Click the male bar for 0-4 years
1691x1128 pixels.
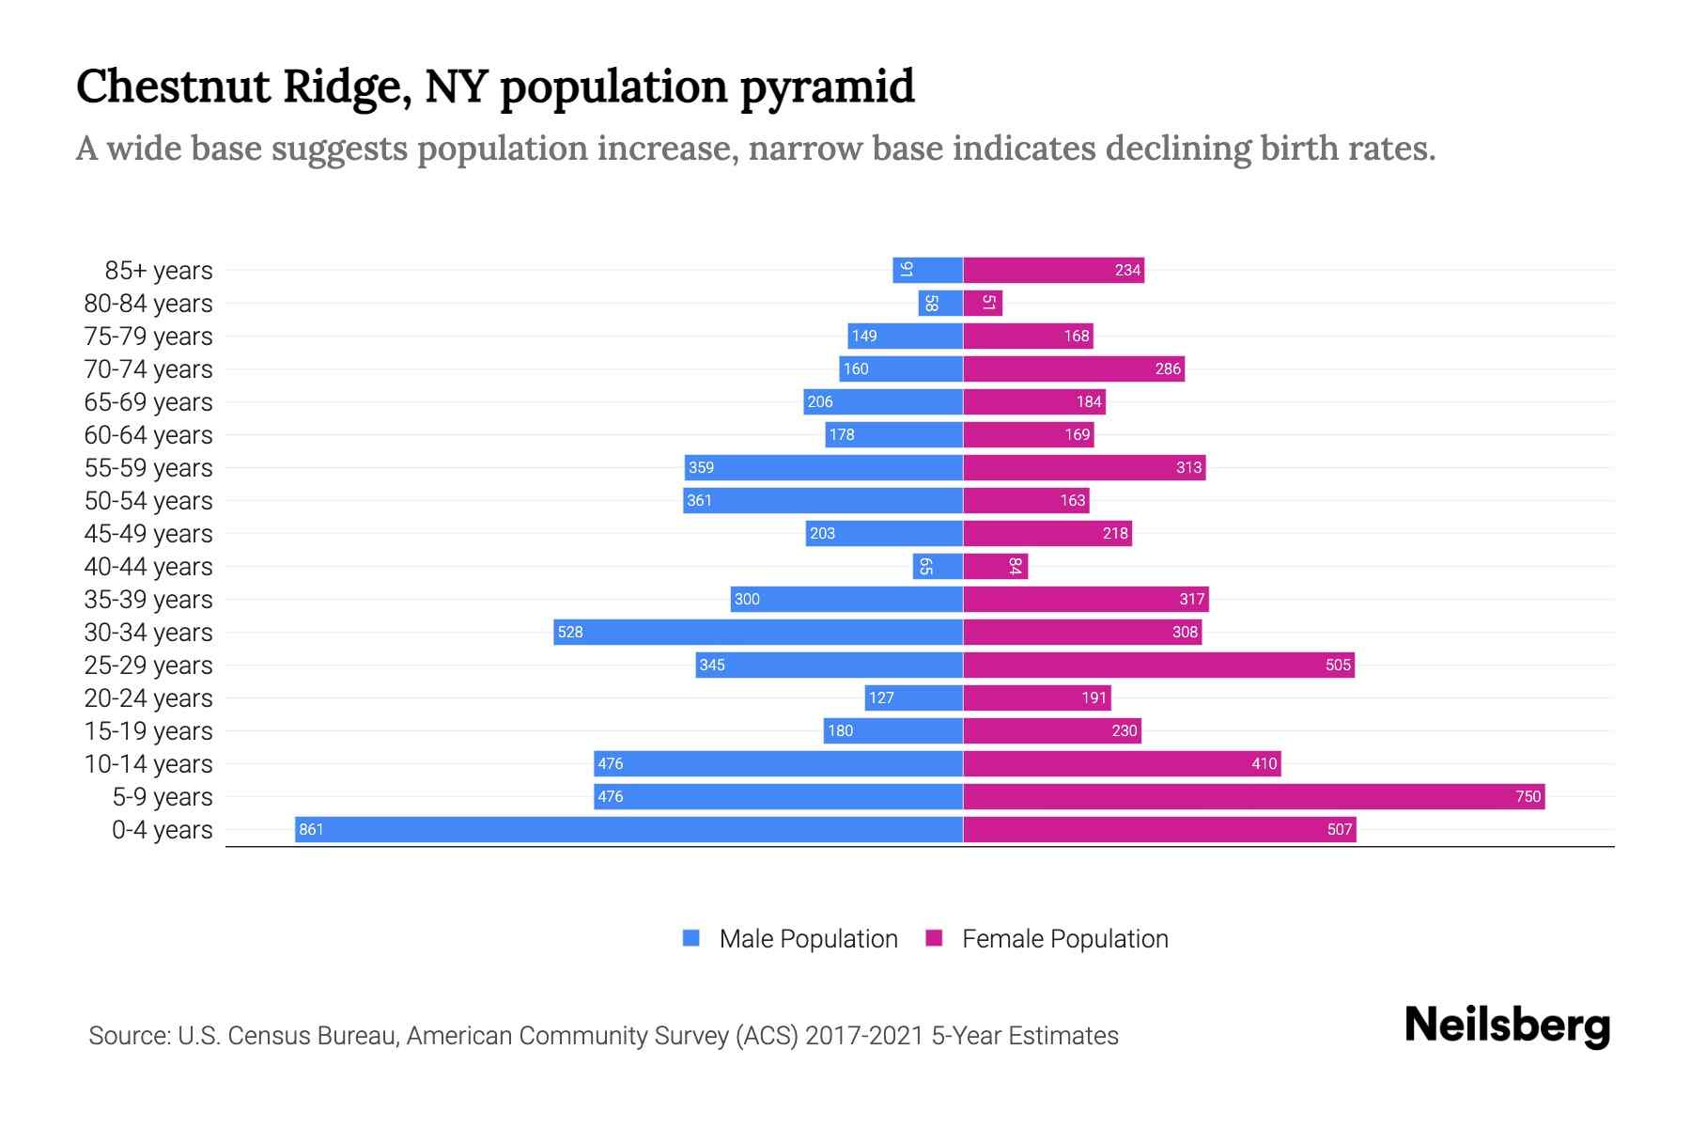click(x=629, y=829)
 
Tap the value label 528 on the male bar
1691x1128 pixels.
click(x=570, y=632)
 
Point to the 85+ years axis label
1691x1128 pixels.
click(x=158, y=271)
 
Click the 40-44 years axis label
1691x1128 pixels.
click(x=148, y=567)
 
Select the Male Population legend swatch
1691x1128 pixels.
click(x=691, y=938)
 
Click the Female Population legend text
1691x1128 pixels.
click(x=1064, y=939)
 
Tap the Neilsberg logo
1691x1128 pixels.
click(x=1507, y=1026)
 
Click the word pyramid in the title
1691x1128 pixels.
click(x=827, y=87)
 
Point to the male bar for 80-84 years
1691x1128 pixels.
click(x=940, y=303)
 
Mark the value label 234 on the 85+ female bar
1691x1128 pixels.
click(x=1127, y=271)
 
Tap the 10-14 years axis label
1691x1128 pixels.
click(x=148, y=764)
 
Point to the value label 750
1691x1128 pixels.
click(x=1528, y=796)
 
